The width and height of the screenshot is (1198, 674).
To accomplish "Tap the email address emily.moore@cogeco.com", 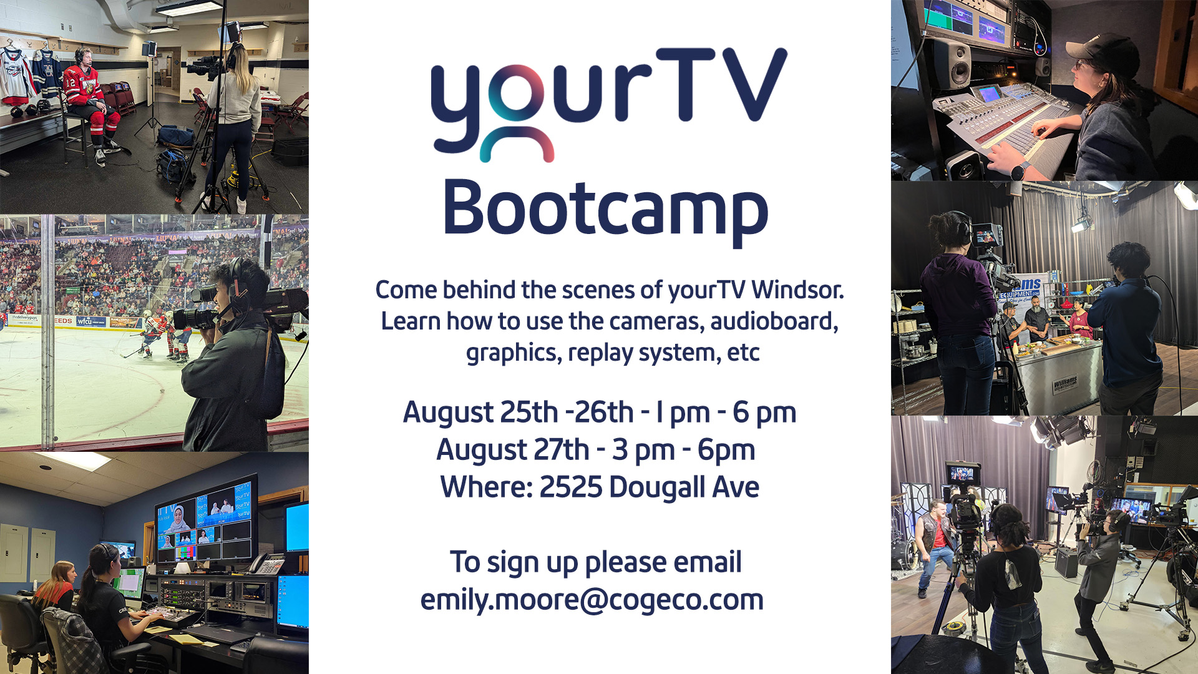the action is coord(592,600).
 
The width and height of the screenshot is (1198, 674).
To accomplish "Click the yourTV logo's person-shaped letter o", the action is coord(517,112).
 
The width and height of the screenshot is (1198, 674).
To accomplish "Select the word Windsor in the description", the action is coord(797,290).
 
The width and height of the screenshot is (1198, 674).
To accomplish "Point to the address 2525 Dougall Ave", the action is coord(649,487).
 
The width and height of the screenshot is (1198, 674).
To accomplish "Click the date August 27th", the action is coord(512,451).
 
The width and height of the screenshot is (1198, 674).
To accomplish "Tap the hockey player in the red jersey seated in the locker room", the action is coord(92,106).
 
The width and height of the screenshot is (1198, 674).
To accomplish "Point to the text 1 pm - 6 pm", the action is coord(726,413).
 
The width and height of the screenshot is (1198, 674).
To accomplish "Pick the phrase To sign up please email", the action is coord(596,563).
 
